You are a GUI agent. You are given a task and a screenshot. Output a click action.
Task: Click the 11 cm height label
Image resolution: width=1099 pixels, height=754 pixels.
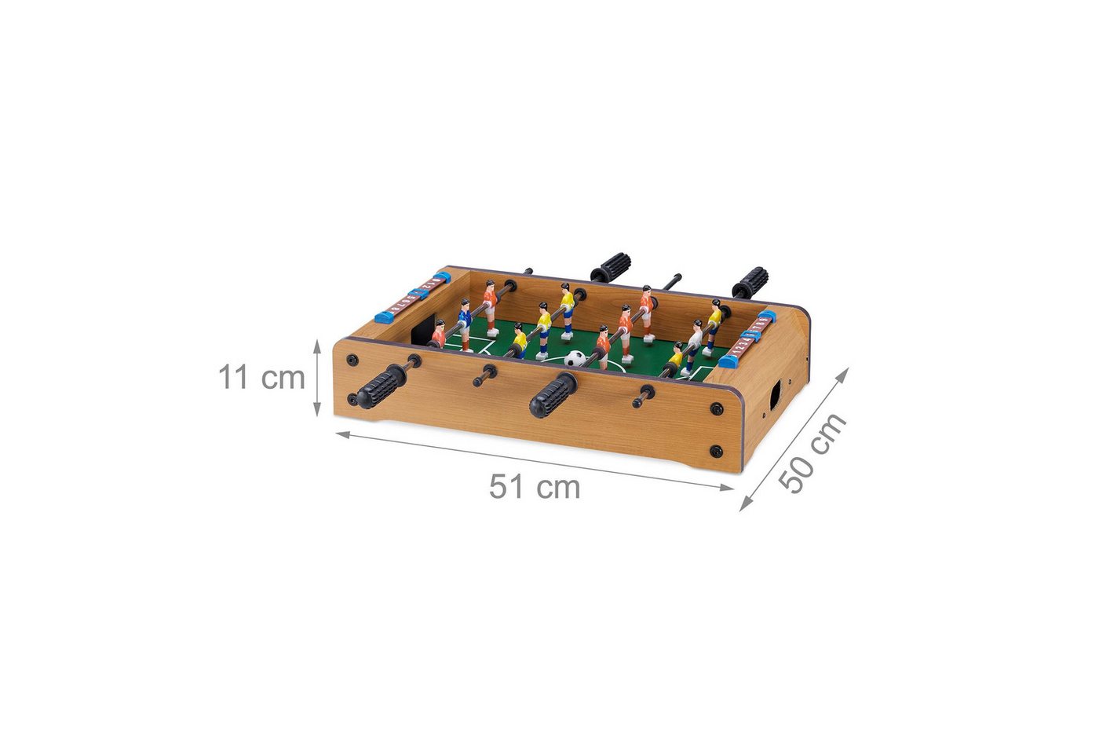261,378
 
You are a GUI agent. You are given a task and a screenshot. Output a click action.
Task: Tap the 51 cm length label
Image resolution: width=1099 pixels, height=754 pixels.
535,487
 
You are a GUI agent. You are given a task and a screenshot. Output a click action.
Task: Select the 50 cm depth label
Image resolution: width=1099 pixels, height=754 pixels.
812,452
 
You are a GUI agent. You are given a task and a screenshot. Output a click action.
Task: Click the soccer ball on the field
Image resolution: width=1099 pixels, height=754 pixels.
575,358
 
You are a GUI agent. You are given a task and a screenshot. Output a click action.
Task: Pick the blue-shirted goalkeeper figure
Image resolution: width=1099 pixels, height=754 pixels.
464,324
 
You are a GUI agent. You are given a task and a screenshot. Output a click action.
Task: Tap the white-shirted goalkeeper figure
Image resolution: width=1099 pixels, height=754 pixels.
694,346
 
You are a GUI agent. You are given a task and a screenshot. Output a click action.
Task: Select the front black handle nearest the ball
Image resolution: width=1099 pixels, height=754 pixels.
553,395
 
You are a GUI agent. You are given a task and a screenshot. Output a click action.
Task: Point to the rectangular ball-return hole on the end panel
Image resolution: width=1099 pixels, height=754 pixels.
776,396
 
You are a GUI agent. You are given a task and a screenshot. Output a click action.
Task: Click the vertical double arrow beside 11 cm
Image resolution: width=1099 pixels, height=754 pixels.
317,378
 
